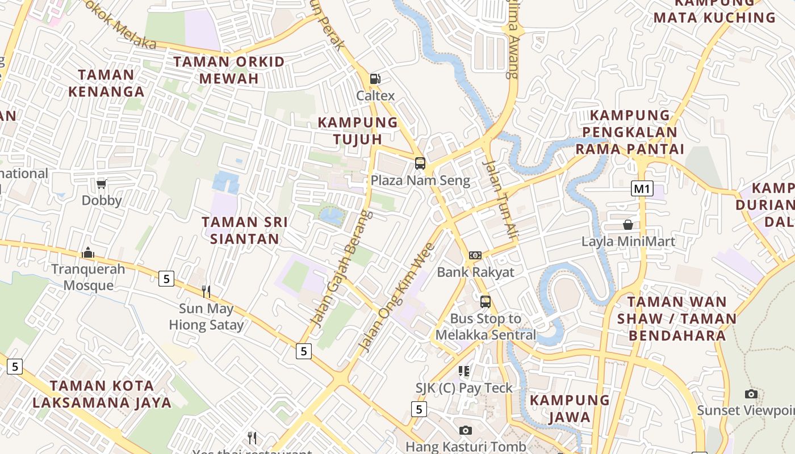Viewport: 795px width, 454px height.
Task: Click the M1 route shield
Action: [x=642, y=188]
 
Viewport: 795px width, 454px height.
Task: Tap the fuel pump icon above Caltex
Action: [x=375, y=79]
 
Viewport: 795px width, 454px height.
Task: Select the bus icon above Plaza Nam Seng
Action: [x=420, y=163]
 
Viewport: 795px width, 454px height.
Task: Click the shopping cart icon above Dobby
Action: [x=102, y=183]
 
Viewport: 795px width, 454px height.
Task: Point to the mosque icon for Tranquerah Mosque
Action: [x=88, y=252]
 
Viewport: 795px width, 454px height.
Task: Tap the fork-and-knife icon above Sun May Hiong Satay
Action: [x=206, y=292]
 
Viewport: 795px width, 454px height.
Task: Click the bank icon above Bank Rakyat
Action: [x=475, y=255]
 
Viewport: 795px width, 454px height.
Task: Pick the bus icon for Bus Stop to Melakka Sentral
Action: [x=485, y=301]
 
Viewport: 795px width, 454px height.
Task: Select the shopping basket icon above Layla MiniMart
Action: [x=628, y=225]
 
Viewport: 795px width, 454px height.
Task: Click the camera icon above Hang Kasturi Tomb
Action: [x=466, y=430]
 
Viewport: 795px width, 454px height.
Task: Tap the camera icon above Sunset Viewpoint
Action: [x=751, y=394]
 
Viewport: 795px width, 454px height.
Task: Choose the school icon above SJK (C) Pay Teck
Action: [x=464, y=371]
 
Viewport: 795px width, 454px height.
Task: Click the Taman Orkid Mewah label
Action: [x=229, y=70]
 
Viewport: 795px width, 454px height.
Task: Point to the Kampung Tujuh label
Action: [x=358, y=131]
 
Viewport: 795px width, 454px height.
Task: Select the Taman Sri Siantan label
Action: [x=245, y=230]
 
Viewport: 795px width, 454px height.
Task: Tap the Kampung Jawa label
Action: [x=570, y=409]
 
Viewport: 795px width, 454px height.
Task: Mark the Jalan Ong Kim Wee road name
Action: [x=397, y=296]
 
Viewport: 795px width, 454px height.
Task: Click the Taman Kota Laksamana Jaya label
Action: [x=102, y=394]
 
